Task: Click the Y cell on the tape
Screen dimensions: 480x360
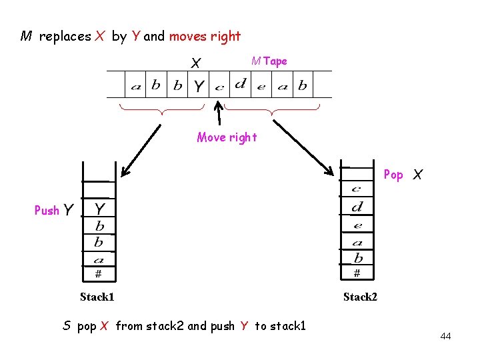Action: (199, 86)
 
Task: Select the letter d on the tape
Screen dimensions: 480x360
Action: (240, 84)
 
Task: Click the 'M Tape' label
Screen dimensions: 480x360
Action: (269, 61)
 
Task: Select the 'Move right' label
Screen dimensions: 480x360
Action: (227, 138)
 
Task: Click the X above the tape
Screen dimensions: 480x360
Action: (196, 63)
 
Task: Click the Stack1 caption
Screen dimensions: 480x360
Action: (97, 297)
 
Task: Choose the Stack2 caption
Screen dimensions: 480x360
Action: (360, 297)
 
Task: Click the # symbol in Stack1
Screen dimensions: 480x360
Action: (98, 273)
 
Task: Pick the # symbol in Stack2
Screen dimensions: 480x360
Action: (357, 273)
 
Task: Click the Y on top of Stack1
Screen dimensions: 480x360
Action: (99, 209)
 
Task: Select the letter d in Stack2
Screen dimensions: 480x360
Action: (357, 207)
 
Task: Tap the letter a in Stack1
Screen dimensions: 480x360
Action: (99, 259)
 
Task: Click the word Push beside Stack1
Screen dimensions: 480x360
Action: (47, 211)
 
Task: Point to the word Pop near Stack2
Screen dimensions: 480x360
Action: (393, 175)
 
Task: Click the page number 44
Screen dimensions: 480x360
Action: (445, 336)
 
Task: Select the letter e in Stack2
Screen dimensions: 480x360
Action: (357, 225)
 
